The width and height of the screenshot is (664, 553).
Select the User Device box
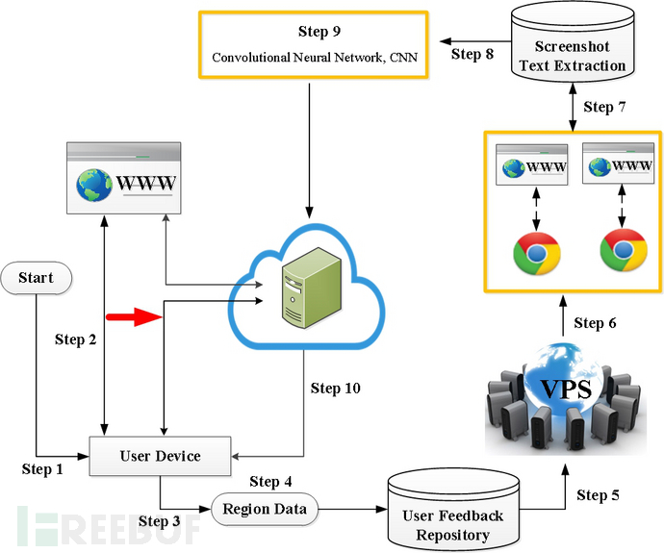pos(160,456)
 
